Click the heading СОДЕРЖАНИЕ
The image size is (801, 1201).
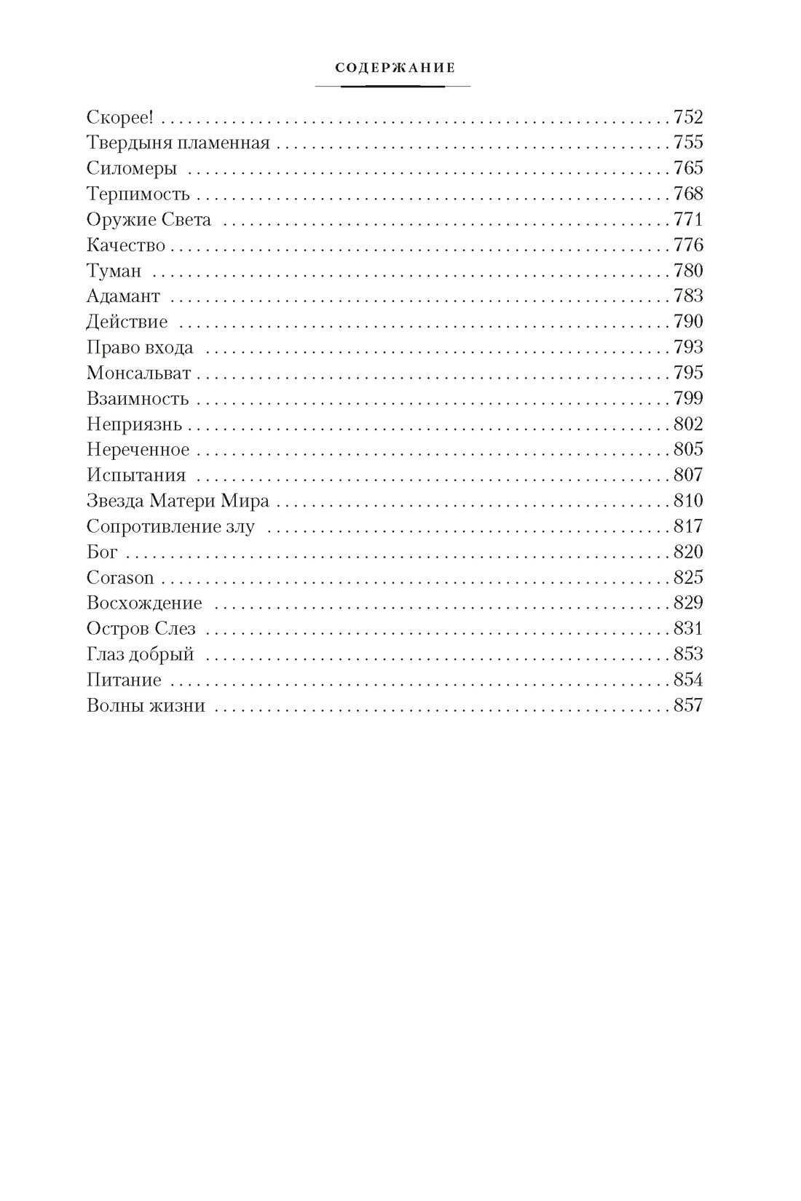click(395, 68)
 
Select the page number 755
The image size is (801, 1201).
click(688, 143)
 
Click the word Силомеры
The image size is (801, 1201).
click(131, 169)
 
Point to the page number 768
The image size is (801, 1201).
click(688, 194)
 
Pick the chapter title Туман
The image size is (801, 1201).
click(114, 271)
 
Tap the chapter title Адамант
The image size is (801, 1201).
click(123, 296)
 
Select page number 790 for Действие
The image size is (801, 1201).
click(688, 322)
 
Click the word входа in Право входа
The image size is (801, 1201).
click(169, 347)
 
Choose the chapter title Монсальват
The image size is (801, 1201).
click(138, 373)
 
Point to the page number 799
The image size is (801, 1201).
click(688, 398)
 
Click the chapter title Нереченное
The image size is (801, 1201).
click(138, 450)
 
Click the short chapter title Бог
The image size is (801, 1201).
click(102, 552)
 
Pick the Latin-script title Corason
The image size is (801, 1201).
click(120, 578)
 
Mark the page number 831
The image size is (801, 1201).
click(688, 628)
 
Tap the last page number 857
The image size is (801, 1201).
click(688, 705)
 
